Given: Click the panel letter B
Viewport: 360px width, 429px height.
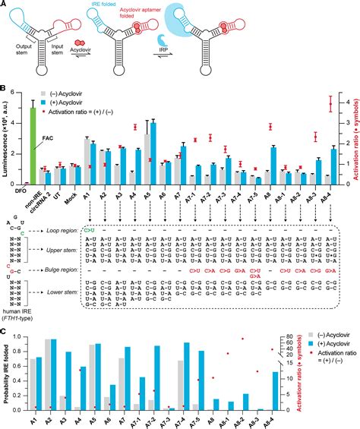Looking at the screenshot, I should [x=5, y=90].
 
